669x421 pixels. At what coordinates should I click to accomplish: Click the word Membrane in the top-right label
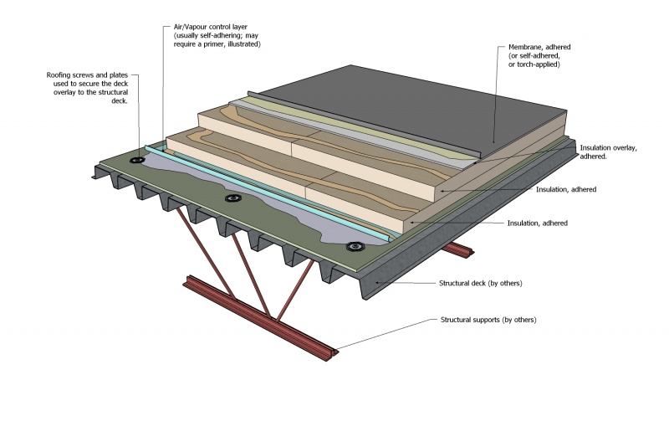point(528,48)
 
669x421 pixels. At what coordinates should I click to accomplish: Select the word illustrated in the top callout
point(241,44)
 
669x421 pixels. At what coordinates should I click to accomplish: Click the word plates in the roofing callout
point(122,75)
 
